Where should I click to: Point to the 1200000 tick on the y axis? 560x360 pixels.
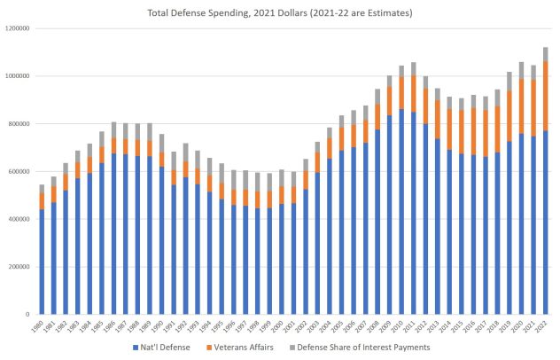click(x=17, y=28)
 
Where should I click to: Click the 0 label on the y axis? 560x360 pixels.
click(x=29, y=315)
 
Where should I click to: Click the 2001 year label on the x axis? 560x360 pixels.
click(x=293, y=327)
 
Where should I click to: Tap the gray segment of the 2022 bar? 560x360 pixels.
click(x=546, y=54)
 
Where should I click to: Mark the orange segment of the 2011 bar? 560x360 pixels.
click(x=414, y=93)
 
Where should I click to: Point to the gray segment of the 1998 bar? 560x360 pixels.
click(x=257, y=182)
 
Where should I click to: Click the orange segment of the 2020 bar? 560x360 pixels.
click(x=522, y=107)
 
